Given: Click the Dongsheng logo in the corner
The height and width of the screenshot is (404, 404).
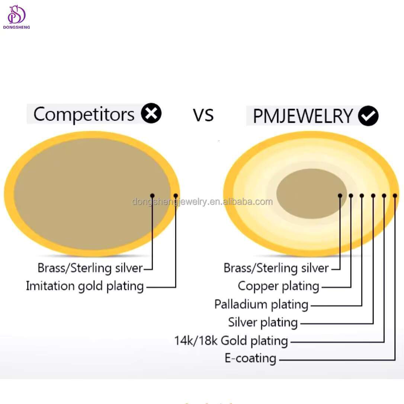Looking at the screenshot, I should pos(16,17).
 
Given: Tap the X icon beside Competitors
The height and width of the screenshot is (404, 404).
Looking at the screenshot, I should pos(151,113).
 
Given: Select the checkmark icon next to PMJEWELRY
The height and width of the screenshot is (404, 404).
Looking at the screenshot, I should pos(368,116).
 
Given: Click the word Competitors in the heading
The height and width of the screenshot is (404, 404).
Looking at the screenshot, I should pos(84,114).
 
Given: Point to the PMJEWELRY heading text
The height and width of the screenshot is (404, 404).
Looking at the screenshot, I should pos(302,116).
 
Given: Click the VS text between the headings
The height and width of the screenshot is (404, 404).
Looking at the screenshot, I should pos(203,115).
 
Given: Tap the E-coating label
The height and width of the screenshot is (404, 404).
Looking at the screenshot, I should pos(250,359).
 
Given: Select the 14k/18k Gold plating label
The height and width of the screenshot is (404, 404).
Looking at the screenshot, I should pos(231,341).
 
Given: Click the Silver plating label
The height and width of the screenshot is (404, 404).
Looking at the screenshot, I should pos(263,323).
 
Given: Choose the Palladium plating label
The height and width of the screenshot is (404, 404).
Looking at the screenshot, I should pos(261,305).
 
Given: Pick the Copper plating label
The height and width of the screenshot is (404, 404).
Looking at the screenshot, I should pos(278,286).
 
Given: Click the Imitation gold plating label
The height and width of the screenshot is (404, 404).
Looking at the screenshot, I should pos(85,286).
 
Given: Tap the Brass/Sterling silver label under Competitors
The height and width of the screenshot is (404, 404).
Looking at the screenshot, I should pos(90,268).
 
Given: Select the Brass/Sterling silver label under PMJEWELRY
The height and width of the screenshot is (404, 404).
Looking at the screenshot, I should pos(276,268).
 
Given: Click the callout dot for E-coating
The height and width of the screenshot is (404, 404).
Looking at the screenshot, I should pos(395,196).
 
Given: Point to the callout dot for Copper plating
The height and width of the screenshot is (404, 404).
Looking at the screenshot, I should pos(351,196).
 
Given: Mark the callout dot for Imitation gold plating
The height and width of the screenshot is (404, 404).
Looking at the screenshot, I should pos(176,196).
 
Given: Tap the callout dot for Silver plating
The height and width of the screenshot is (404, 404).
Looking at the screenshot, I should pos(373,196).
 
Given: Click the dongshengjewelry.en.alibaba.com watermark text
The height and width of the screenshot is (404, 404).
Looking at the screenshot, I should pos(202,202).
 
